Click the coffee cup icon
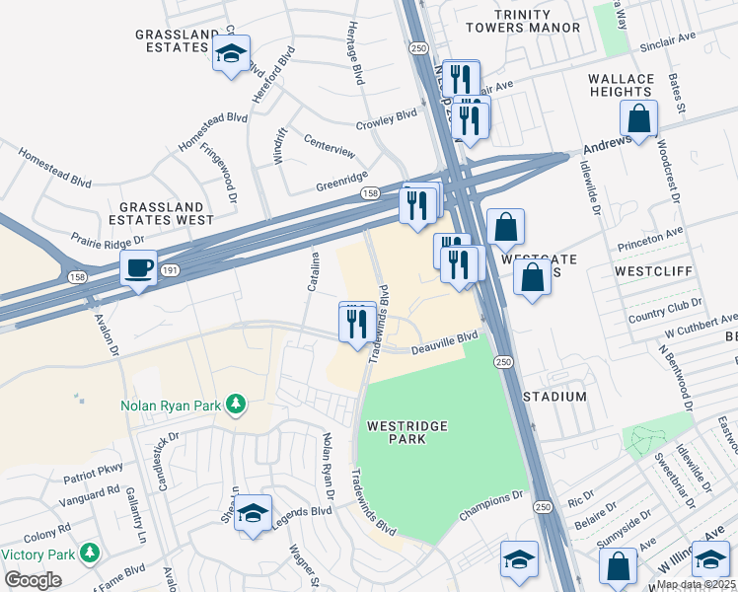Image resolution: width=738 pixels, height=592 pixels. (x=138, y=266)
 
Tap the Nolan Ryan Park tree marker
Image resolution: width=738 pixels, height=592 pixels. (x=235, y=403)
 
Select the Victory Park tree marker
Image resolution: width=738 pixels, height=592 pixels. (x=90, y=552)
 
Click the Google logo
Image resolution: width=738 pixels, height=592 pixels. (x=33, y=580)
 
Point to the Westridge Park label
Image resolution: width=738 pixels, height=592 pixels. (x=407, y=432)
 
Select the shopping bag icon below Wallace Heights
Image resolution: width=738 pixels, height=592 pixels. (x=639, y=119)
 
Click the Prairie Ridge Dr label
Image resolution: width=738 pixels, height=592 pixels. (x=108, y=239)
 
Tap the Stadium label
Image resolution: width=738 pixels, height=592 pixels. (x=561, y=397)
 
